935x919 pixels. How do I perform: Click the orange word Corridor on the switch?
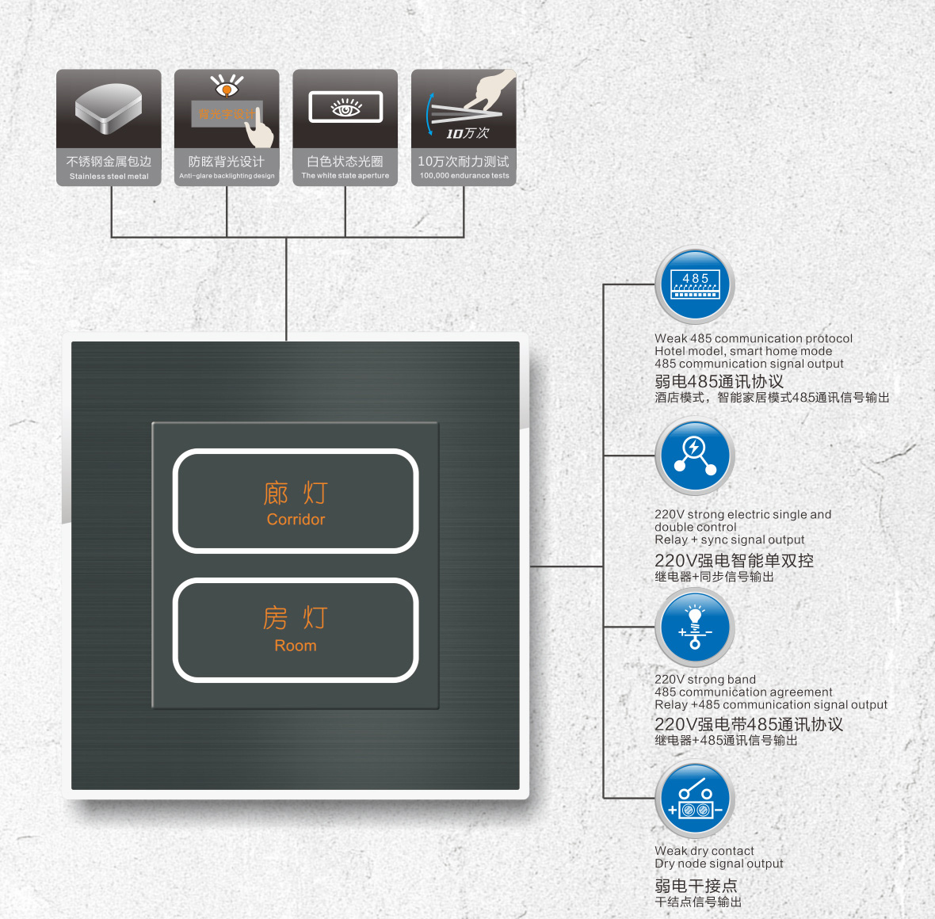click(x=296, y=519)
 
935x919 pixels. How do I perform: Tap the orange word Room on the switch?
click(x=296, y=645)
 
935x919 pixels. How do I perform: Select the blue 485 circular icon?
click(x=695, y=285)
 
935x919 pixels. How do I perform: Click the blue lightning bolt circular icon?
click(x=695, y=456)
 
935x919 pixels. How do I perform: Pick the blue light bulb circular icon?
click(x=695, y=627)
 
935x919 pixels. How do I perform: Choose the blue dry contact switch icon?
click(x=695, y=799)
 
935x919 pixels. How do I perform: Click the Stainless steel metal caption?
click(x=109, y=176)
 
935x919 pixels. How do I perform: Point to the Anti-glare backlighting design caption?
click(x=227, y=176)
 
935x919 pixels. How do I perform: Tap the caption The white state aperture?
click(x=345, y=175)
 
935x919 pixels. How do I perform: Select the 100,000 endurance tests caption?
click(x=464, y=175)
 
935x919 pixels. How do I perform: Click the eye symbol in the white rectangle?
click(x=345, y=108)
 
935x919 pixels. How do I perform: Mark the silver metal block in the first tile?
click(x=109, y=108)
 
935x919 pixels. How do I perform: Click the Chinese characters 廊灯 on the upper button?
click(x=296, y=494)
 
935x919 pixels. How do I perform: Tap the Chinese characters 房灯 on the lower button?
click(x=296, y=618)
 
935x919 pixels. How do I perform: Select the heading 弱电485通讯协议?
click(x=719, y=382)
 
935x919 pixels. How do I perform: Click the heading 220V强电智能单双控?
click(x=734, y=561)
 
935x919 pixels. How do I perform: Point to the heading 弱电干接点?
click(x=696, y=886)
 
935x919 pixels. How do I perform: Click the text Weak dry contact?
click(x=704, y=850)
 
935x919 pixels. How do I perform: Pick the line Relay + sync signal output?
click(x=729, y=540)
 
